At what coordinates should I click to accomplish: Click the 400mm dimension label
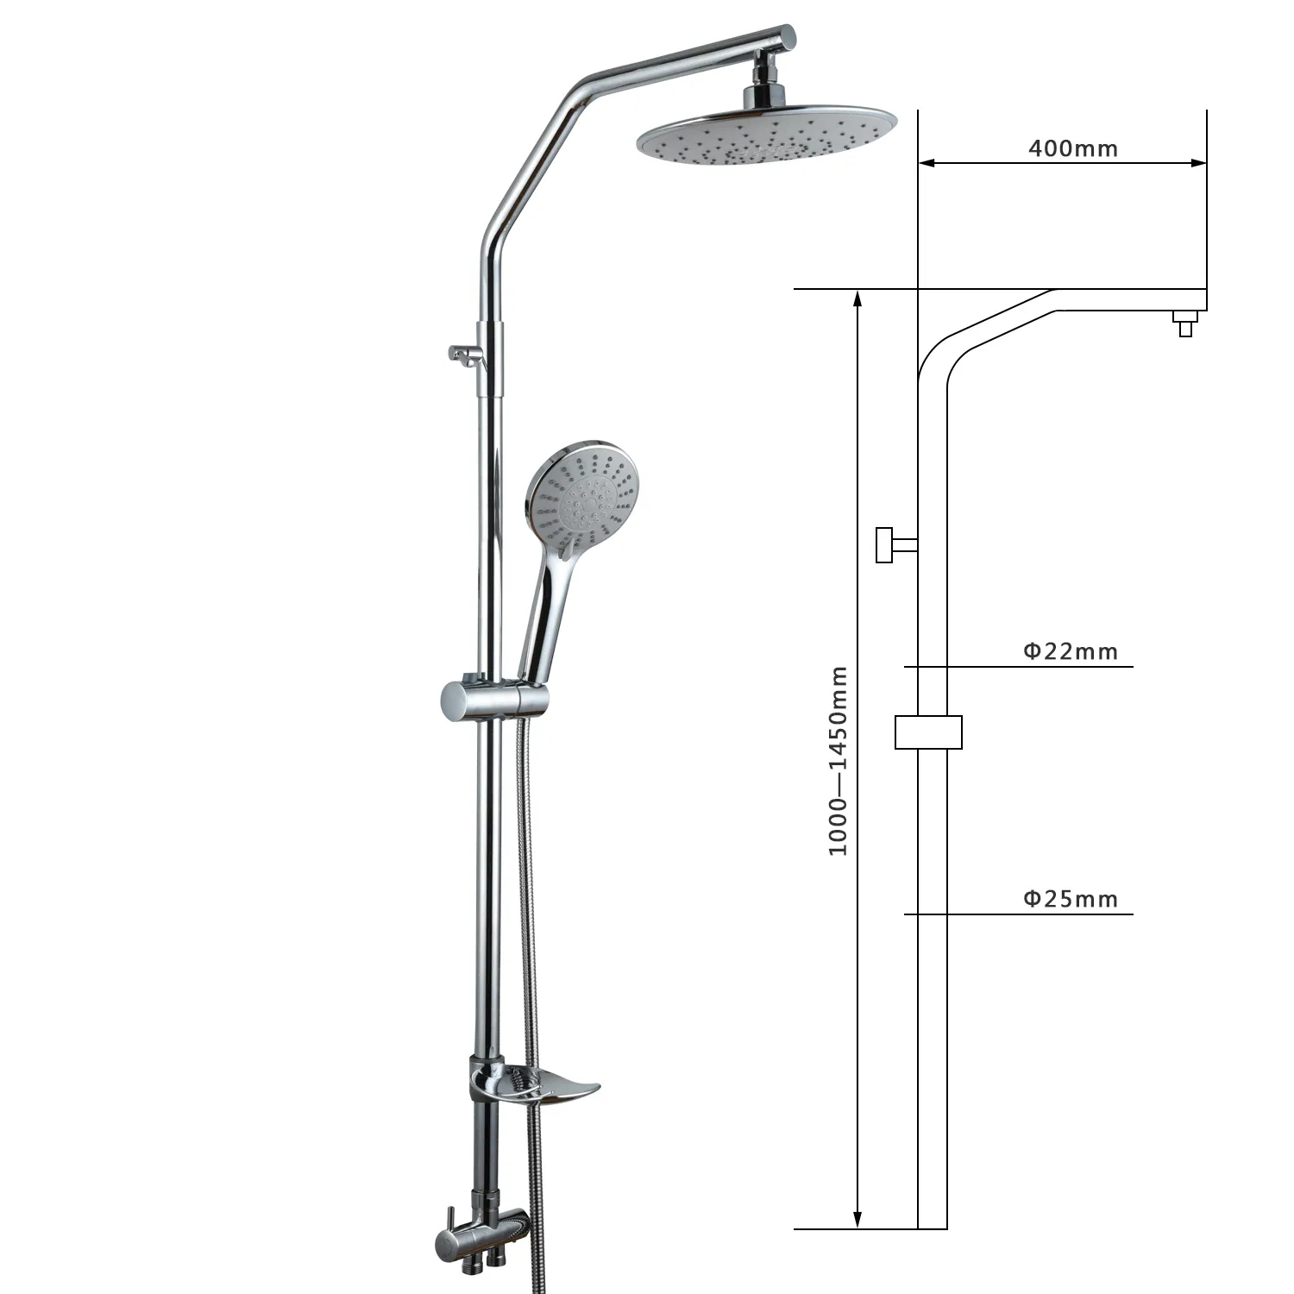coord(1072,148)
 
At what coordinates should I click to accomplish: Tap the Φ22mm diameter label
coord(1071,651)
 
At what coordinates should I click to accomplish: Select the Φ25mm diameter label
coord(1071,899)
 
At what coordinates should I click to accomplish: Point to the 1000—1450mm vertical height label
coord(839,760)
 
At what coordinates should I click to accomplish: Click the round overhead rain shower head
coord(766,137)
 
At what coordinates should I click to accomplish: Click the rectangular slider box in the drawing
coord(928,732)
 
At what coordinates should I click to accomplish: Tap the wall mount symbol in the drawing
coord(894,544)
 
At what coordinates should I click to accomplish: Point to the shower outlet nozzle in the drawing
coord(1185,325)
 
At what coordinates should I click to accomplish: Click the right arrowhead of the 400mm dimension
coord(1198,161)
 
